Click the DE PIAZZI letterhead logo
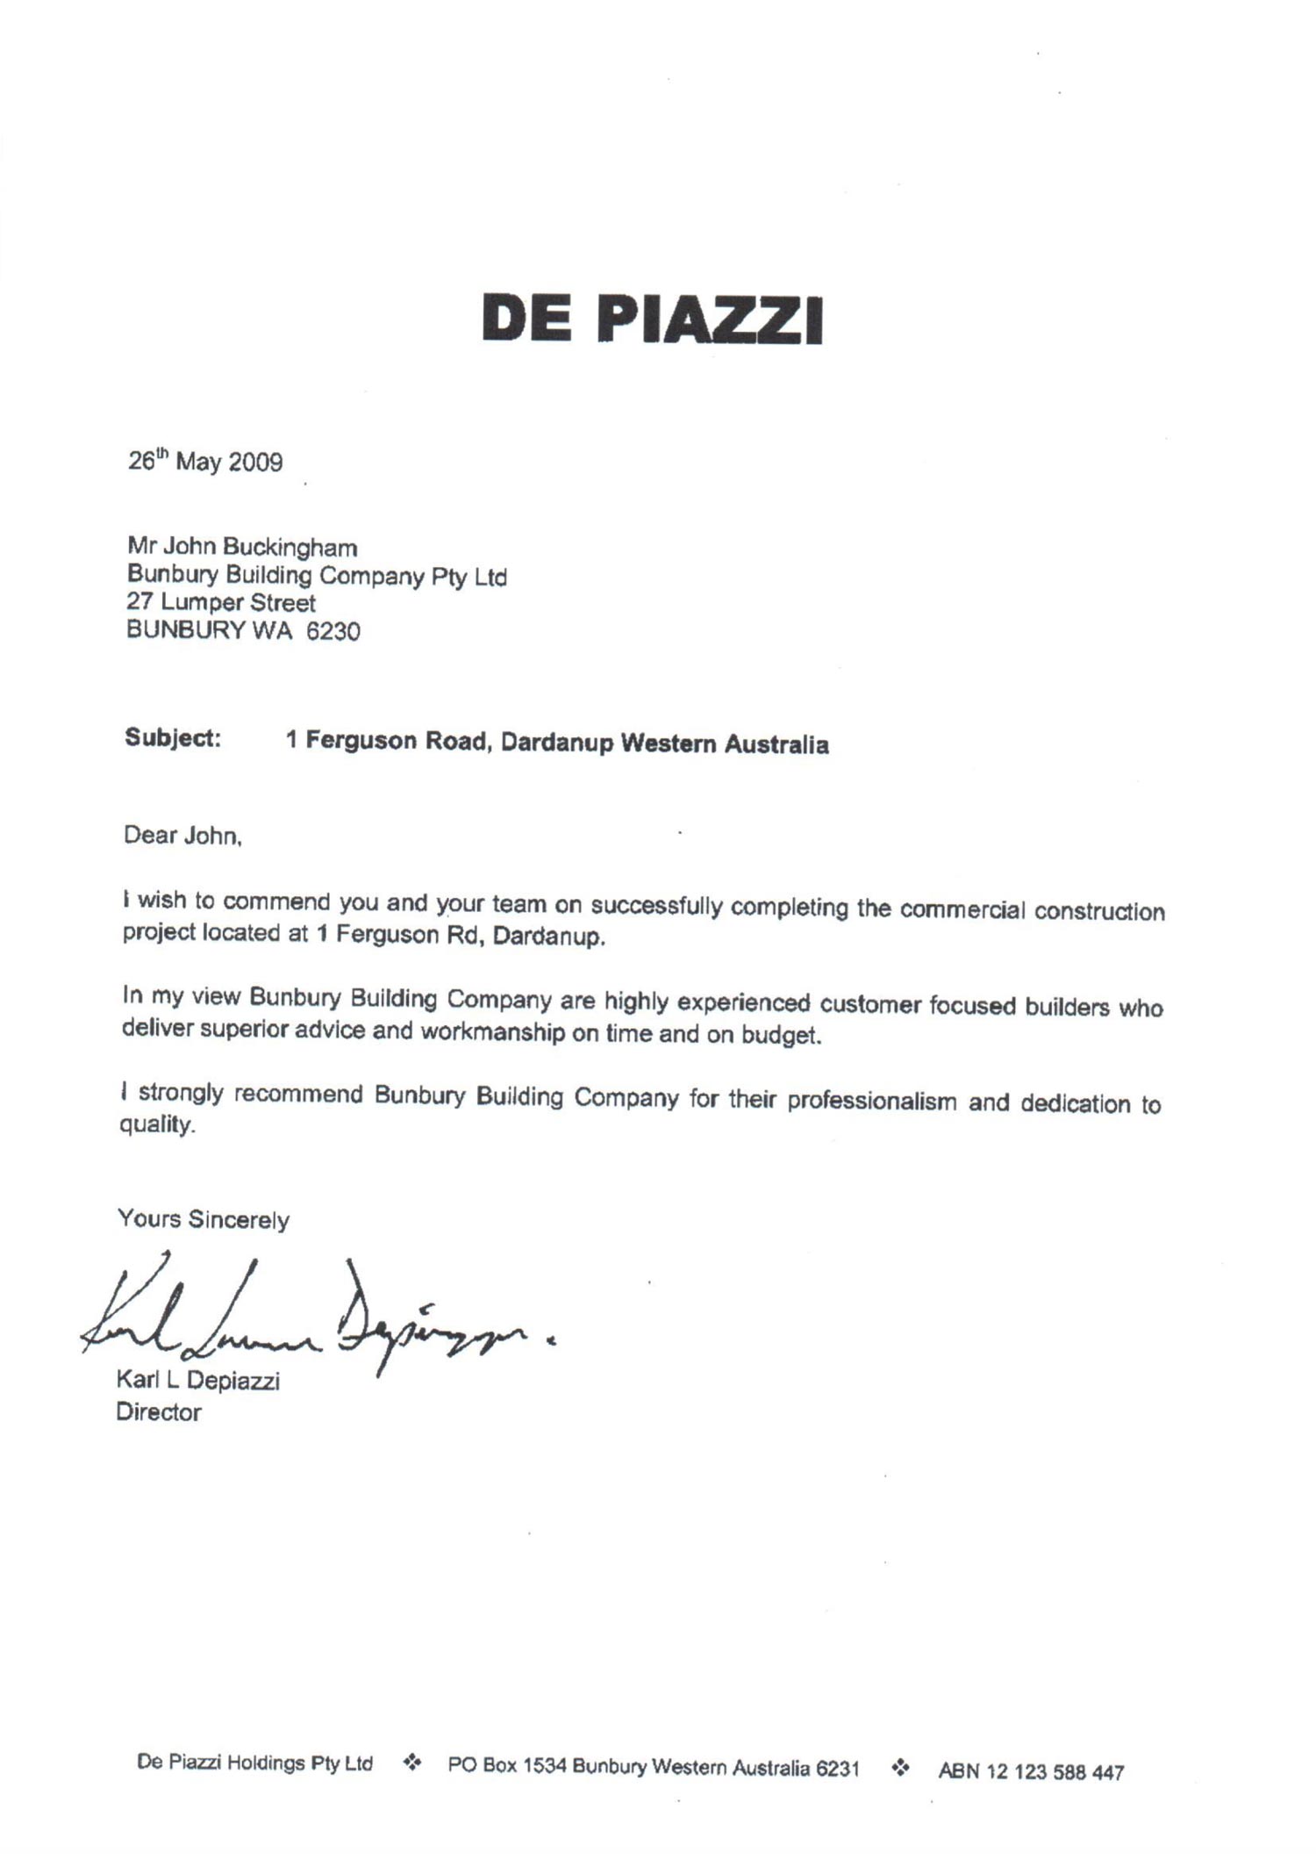point(652,319)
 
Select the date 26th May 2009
point(205,461)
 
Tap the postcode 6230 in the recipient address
point(333,631)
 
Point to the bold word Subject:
point(172,737)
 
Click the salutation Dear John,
point(182,835)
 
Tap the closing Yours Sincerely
point(204,1219)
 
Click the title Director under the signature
point(159,1412)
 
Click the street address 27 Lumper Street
point(221,603)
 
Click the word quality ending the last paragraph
point(155,1125)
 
